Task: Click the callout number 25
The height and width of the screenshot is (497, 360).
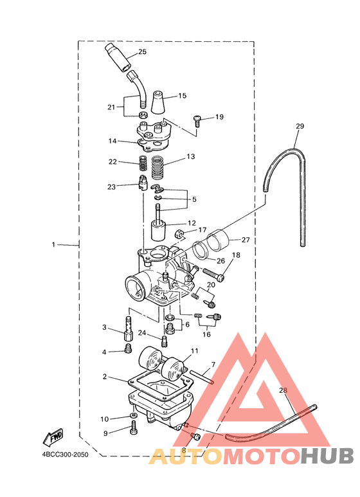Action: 142,51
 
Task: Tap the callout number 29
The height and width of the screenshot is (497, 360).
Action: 300,126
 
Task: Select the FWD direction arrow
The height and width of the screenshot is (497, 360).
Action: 53,437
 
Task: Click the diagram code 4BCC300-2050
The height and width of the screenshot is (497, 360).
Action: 66,455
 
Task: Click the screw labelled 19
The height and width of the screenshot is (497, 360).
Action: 197,121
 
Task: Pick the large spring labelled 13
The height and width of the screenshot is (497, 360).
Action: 160,167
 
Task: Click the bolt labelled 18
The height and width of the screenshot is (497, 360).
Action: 213,275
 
